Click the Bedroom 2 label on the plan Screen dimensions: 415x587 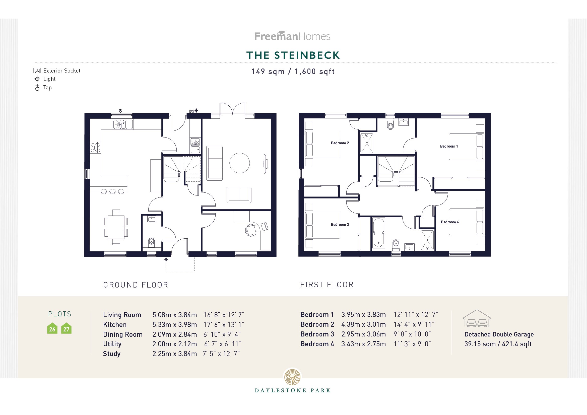click(340, 143)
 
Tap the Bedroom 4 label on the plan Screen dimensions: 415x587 click(450, 222)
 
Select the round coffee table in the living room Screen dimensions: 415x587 click(240, 163)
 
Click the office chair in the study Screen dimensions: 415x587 click(251, 230)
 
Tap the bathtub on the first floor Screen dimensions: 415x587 click(378, 233)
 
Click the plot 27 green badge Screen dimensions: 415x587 click(66, 329)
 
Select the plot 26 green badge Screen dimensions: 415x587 click(52, 329)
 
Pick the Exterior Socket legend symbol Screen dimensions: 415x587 click(37, 71)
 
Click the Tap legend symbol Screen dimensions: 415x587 click(37, 88)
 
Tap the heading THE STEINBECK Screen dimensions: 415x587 click(293, 55)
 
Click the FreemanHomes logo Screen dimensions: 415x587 click(292, 36)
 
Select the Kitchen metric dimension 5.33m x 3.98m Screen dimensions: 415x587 click(175, 324)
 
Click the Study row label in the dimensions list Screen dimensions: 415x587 click(112, 354)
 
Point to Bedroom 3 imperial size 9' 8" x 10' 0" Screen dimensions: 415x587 click(412, 334)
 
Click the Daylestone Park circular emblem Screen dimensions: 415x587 click(293, 377)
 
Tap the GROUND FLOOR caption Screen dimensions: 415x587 click(136, 285)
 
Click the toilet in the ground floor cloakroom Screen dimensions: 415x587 click(151, 241)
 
